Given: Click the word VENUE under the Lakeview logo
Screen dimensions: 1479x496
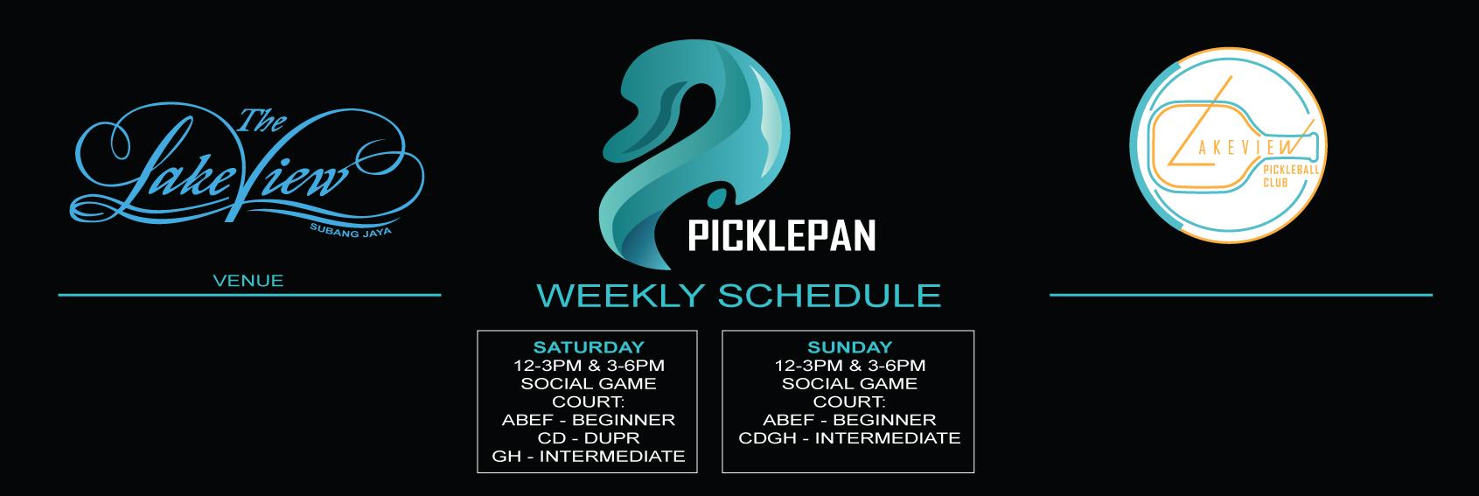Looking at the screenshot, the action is click(x=248, y=281).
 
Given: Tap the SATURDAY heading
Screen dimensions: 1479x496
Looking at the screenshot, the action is click(x=589, y=346).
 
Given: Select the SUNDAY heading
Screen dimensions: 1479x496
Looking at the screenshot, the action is click(x=849, y=346).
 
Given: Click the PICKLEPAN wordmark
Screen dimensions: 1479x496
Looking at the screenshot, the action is click(x=782, y=236).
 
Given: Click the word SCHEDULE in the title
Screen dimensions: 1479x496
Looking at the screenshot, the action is click(x=829, y=296).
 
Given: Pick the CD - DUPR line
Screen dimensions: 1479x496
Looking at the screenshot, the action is click(x=589, y=438).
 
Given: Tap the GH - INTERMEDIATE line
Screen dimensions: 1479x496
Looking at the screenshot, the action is click(x=589, y=457).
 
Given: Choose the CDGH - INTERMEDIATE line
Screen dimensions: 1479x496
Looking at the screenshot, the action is click(x=849, y=438).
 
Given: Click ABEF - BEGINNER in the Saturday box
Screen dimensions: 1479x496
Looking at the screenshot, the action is click(x=589, y=420).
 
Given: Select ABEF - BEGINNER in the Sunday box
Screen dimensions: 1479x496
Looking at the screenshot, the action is click(x=849, y=420).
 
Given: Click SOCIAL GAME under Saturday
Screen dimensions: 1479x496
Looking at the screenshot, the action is click(x=589, y=384).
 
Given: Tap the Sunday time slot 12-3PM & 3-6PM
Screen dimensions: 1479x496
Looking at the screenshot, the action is click(x=849, y=366).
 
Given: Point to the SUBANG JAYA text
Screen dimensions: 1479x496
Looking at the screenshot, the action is click(x=351, y=230).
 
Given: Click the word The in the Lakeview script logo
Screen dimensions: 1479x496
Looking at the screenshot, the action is click(x=262, y=121).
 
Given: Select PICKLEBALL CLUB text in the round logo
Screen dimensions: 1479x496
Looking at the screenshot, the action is click(x=1290, y=176).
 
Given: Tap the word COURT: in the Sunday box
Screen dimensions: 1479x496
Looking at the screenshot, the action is click(x=849, y=402).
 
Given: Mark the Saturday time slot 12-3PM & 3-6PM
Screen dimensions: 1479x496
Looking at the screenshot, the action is click(x=589, y=366).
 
